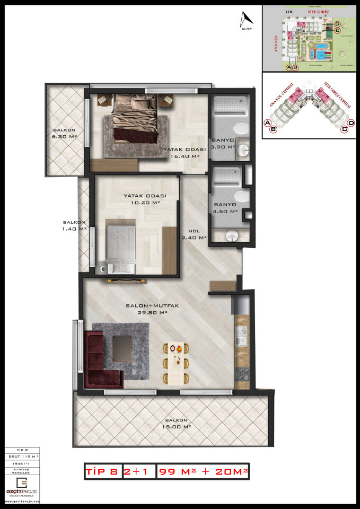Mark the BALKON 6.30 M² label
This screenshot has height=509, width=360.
click(x=65, y=133)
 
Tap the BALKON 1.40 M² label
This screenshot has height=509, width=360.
click(x=75, y=226)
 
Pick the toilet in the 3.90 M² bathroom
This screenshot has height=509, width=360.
click(x=242, y=129)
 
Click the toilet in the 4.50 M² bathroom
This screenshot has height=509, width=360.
click(x=241, y=197)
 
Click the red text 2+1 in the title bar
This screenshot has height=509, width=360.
click(x=137, y=471)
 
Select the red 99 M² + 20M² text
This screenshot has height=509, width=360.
click(x=203, y=471)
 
